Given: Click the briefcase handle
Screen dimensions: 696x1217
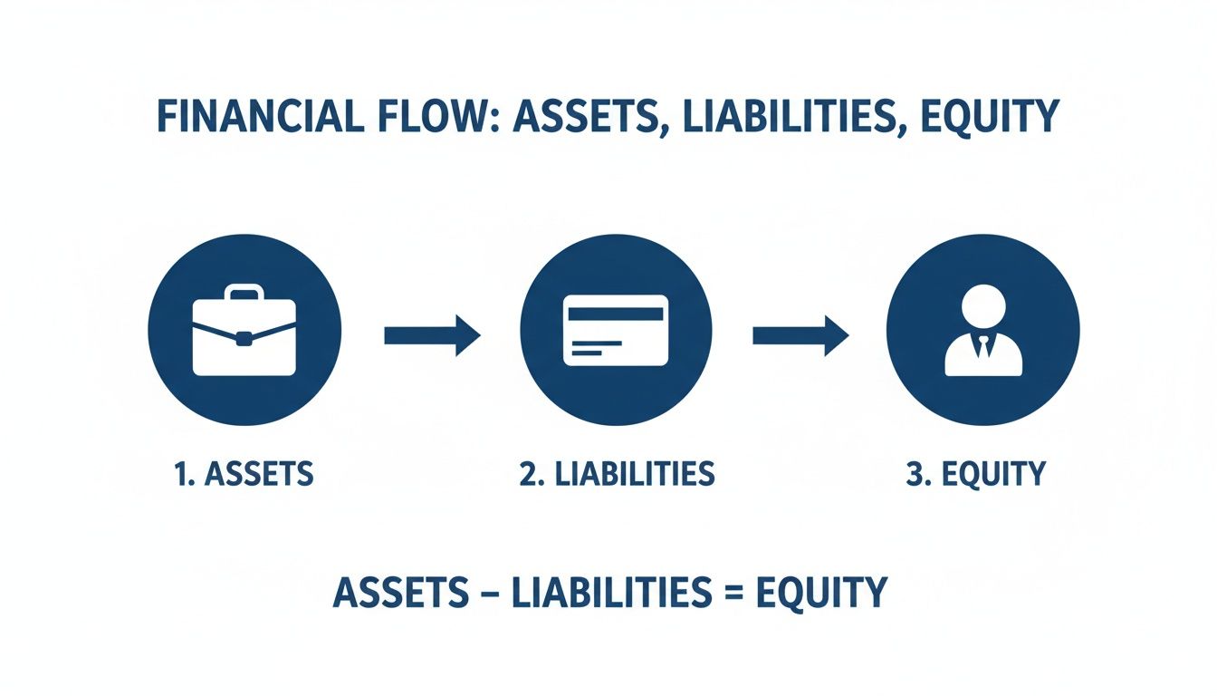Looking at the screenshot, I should coord(244,294).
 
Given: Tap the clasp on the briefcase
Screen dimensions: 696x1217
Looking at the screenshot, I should coord(244,339).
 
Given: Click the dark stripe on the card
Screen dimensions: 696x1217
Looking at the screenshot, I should coord(616,314).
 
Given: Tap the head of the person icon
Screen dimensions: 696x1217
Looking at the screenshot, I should coord(982,307).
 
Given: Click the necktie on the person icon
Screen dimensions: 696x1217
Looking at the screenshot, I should coord(982,346).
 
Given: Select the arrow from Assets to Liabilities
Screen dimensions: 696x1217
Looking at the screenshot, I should coord(432,336).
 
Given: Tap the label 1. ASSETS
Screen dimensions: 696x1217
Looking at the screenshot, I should coord(244,473).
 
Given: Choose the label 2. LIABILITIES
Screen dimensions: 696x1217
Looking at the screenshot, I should coord(617,473).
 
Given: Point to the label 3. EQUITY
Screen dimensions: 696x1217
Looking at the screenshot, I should coord(975,473).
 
